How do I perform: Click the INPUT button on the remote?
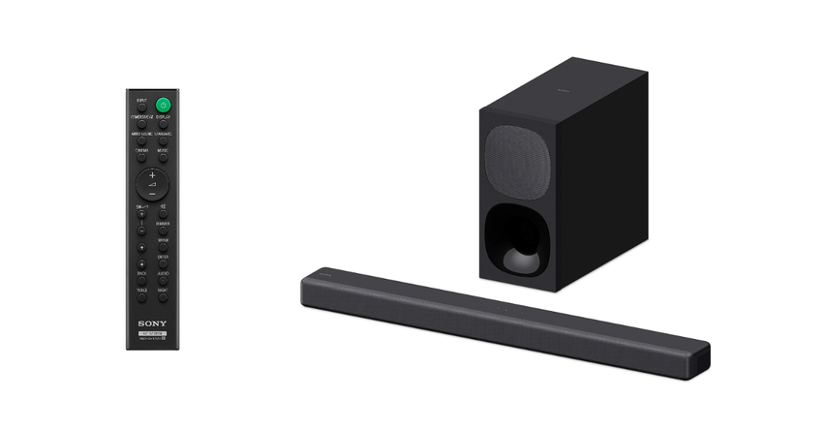pyautogui.click(x=141, y=106)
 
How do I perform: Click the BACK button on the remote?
pyautogui.click(x=141, y=280)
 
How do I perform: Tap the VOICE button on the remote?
pyautogui.click(x=141, y=296)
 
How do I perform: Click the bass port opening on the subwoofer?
pyautogui.click(x=518, y=242)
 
